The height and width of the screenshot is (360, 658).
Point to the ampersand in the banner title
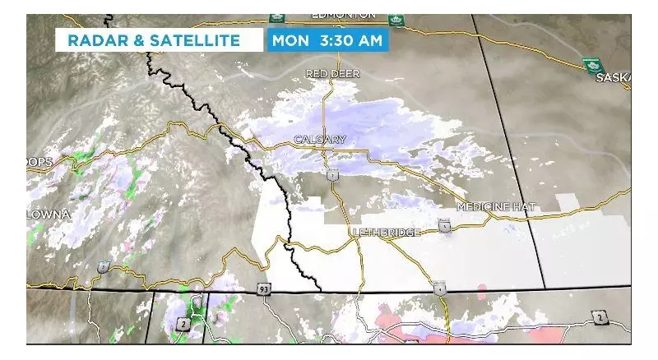click(139, 39)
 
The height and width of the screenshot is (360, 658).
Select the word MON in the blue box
click(290, 39)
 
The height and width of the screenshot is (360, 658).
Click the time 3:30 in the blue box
click(333, 39)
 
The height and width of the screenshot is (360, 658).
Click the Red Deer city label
click(332, 74)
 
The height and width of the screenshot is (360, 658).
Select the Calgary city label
click(320, 140)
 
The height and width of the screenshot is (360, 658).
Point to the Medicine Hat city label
click(495, 206)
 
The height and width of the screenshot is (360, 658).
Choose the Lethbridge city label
click(386, 233)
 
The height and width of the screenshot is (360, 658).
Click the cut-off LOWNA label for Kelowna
click(48, 215)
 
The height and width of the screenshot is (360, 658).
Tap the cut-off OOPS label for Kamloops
click(39, 163)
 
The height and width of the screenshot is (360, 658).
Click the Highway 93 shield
click(263, 290)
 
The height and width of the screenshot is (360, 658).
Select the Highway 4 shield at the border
click(440, 288)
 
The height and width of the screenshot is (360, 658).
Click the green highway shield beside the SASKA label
click(589, 64)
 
